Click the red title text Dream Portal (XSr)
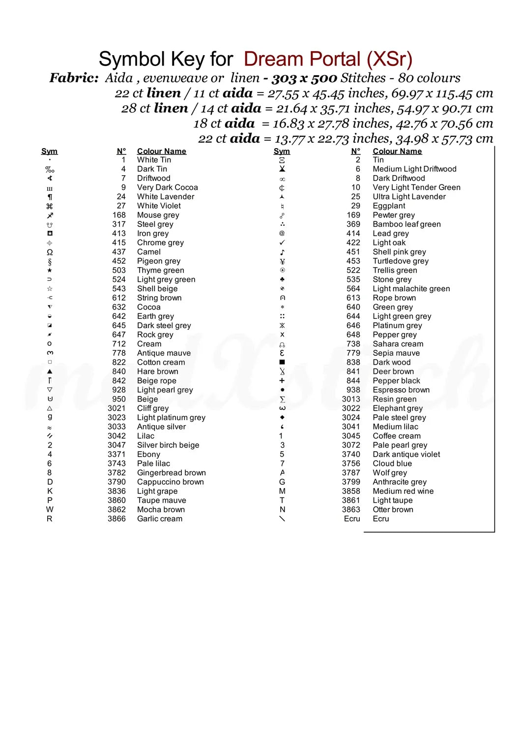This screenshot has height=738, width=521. [x=328, y=60]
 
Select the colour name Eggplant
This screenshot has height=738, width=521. [x=389, y=206]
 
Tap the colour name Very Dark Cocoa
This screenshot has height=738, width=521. [x=167, y=187]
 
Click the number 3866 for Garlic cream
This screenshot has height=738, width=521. [x=116, y=519]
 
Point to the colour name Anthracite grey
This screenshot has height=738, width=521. [x=400, y=482]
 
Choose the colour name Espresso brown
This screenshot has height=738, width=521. [x=401, y=390]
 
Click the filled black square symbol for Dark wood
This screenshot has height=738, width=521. [x=282, y=362]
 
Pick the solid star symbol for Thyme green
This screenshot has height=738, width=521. [x=50, y=270]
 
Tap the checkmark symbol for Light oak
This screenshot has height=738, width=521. [x=282, y=243]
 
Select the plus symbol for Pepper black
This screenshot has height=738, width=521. [x=282, y=380]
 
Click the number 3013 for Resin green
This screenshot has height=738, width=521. [x=351, y=399]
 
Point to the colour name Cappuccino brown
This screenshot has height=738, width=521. [x=170, y=482]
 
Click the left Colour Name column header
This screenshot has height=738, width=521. [x=161, y=151]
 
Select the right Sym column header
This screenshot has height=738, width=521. [x=282, y=151]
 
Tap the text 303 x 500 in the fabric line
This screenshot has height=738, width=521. [x=304, y=78]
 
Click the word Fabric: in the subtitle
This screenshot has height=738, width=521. [x=74, y=78]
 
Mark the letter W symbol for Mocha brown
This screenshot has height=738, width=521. [x=50, y=509]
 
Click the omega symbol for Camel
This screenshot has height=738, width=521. [x=50, y=252]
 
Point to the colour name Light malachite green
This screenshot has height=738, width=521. [x=411, y=289]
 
